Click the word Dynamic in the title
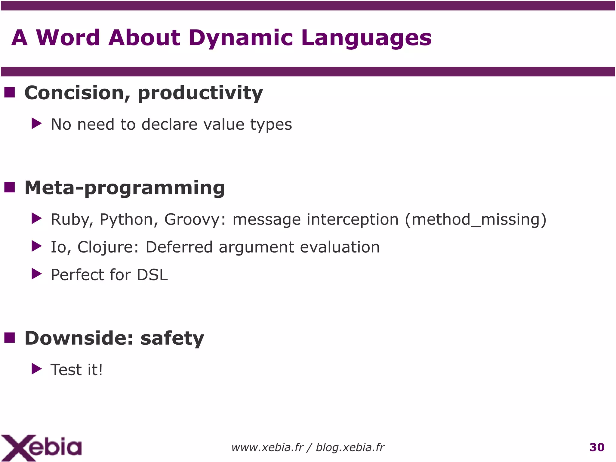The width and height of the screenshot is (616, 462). click(x=240, y=38)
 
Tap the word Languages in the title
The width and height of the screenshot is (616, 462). click(x=366, y=38)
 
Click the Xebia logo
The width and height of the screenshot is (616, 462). click(x=41, y=447)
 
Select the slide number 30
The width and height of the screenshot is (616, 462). click(x=597, y=447)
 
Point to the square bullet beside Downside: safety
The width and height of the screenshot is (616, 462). click(x=10, y=338)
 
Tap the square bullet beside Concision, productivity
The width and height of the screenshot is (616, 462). click(x=10, y=92)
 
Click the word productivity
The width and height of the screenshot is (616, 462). click(x=200, y=93)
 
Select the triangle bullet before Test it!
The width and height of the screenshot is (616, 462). click(x=36, y=369)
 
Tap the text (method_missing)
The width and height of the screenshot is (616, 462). click(x=475, y=220)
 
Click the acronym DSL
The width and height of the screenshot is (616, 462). click(x=152, y=275)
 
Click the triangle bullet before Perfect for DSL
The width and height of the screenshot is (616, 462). click(x=36, y=274)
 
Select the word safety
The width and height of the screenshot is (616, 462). click(x=172, y=338)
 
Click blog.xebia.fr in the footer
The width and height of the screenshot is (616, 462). click(x=350, y=448)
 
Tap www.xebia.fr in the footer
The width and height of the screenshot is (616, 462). click(x=267, y=448)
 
